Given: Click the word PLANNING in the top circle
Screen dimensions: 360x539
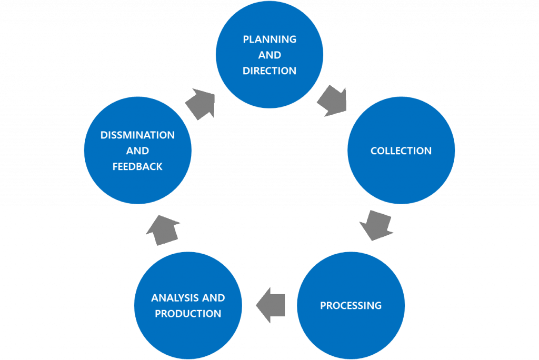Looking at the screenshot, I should [x=269, y=39].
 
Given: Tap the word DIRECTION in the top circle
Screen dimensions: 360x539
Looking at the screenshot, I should [x=269, y=71].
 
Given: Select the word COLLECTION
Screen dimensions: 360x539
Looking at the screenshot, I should [x=401, y=151].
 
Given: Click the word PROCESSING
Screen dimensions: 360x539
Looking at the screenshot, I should [x=351, y=306].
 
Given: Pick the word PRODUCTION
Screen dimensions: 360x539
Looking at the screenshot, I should [x=188, y=314].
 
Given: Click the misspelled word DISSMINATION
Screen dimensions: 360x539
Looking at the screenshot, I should [x=137, y=135].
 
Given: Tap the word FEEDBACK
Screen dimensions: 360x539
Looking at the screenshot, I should [x=137, y=167].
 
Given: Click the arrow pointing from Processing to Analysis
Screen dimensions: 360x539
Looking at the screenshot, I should [x=271, y=305].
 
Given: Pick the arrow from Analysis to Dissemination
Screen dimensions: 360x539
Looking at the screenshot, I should [x=163, y=230].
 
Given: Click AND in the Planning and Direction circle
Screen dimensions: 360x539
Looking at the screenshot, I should [x=269, y=55].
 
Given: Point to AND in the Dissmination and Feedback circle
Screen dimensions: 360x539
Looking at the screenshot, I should [x=137, y=151].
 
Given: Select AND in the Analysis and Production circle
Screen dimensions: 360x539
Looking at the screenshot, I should [x=213, y=298].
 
